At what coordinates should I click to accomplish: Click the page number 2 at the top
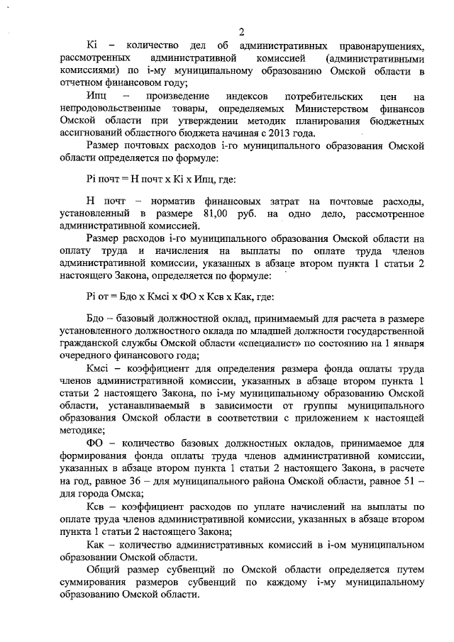pos(241,32)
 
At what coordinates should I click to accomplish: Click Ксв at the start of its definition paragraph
pos(96,507)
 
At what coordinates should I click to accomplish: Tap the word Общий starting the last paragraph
pos(104,568)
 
